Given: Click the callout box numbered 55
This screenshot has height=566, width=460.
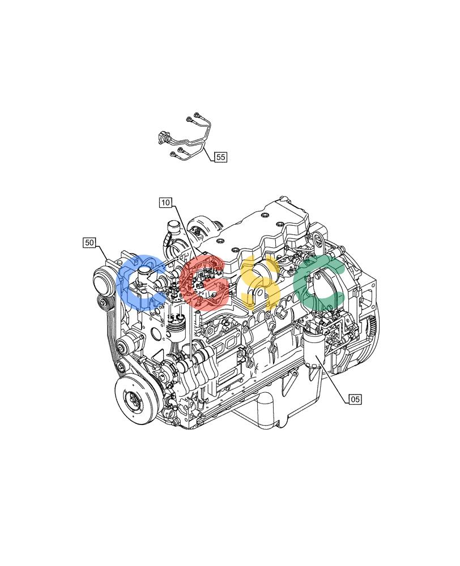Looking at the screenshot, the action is pos(220,157).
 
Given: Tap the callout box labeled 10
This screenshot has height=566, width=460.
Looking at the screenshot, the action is pos(165,203).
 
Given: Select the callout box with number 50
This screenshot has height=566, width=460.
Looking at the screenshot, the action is pos(90,243).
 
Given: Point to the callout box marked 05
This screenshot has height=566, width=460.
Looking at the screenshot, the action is pos(355,399).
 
